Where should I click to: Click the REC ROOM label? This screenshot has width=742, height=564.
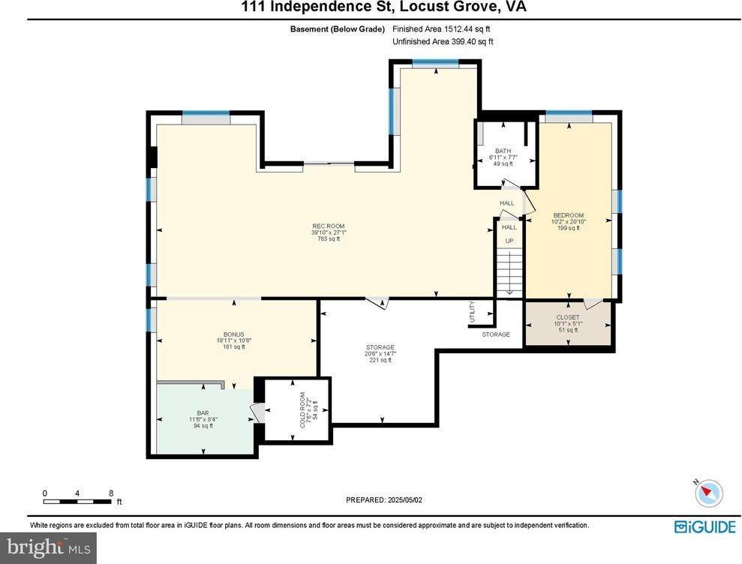329,226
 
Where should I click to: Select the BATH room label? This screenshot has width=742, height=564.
502,151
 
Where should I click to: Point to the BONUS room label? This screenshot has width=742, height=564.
233,334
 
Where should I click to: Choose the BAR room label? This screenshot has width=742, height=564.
203,412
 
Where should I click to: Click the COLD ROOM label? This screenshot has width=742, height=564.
304,410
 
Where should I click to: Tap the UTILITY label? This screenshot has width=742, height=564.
472,311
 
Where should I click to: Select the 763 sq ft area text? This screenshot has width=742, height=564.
329,239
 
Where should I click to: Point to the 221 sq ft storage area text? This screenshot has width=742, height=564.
380,360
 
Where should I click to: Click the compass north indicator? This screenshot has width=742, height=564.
707,492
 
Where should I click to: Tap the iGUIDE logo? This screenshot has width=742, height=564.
704,526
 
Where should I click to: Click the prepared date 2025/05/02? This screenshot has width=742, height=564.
385,499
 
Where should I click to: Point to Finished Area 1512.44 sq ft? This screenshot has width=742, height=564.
442,29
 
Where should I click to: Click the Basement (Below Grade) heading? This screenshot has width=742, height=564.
337,29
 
